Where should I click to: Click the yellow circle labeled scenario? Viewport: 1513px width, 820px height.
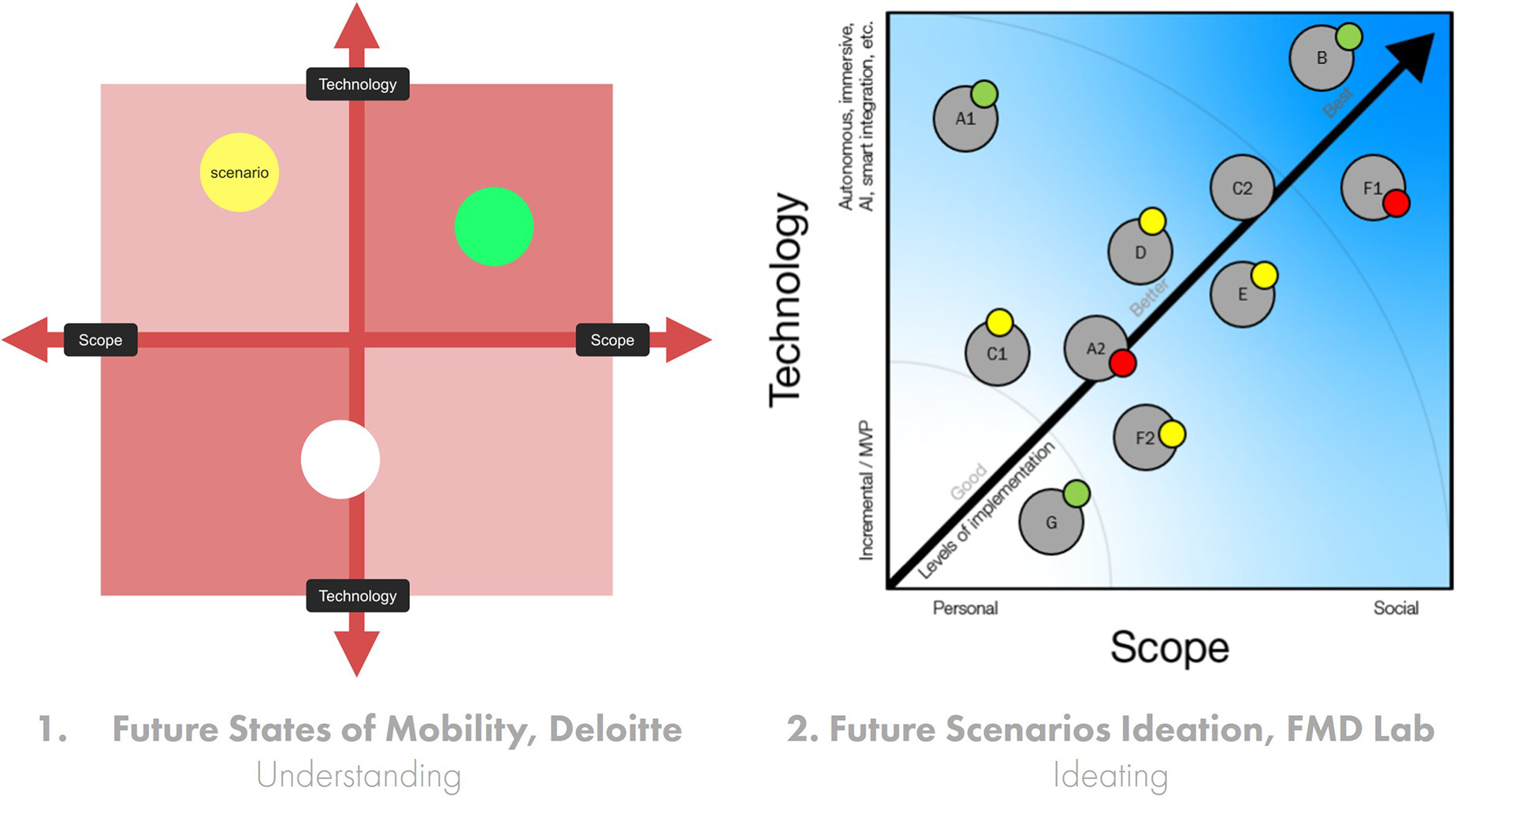(x=239, y=173)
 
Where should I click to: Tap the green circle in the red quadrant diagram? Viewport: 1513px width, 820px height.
(x=494, y=226)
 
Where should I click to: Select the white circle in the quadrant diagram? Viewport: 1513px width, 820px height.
(x=340, y=459)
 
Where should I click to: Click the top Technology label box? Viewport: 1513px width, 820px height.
(x=357, y=84)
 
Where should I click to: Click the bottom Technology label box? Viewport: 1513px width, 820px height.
(x=357, y=596)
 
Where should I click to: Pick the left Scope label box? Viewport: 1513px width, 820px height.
(x=100, y=340)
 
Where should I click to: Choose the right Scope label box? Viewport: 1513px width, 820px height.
(x=612, y=340)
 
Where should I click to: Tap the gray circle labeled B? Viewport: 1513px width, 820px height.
(x=1320, y=59)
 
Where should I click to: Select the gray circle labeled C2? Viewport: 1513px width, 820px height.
(x=1241, y=188)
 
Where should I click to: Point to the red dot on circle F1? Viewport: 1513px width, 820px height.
(x=1396, y=203)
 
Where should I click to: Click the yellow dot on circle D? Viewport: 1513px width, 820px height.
(x=1152, y=221)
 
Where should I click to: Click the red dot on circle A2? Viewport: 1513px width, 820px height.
(x=1123, y=363)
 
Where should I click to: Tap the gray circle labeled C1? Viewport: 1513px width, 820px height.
(x=996, y=354)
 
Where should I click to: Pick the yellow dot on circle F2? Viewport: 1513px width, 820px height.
(x=1172, y=434)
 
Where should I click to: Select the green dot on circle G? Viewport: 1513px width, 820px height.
(x=1076, y=494)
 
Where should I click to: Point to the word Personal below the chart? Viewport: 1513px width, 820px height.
(x=965, y=608)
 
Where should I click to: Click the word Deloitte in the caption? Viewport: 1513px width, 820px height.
(x=615, y=729)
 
